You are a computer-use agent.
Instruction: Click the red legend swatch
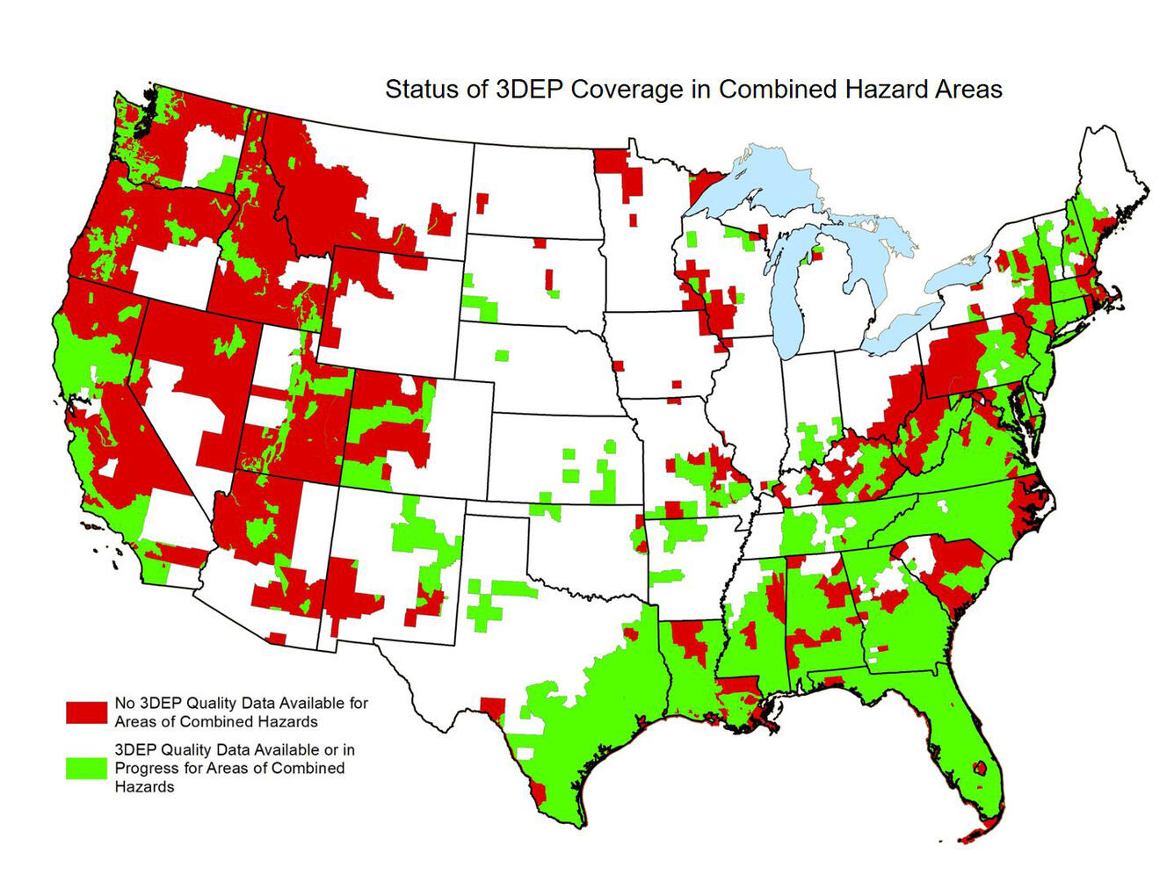tap(86, 712)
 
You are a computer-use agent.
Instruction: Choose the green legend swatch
tap(86, 768)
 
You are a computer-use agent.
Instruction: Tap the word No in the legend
tap(125, 704)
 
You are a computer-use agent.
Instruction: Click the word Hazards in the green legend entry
tap(144, 787)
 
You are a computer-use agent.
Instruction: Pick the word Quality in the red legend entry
tap(214, 704)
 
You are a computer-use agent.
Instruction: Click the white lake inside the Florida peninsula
tap(982, 767)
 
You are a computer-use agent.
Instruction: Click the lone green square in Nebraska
tap(502, 356)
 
